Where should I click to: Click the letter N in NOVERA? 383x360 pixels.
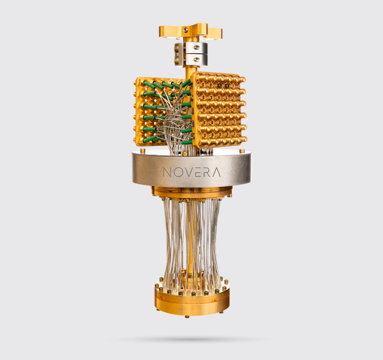click(168, 172)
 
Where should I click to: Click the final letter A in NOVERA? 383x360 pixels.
click(216, 172)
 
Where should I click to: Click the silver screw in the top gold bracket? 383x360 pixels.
click(186, 29)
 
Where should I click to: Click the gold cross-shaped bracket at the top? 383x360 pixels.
click(191, 31)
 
